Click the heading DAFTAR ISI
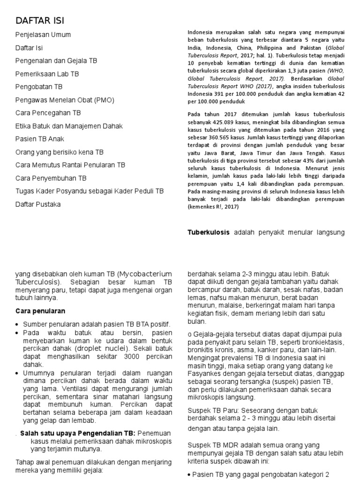click(x=40, y=21)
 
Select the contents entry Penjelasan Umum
click(x=43, y=35)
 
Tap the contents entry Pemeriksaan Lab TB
click(x=47, y=74)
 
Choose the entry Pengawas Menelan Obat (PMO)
click(x=65, y=100)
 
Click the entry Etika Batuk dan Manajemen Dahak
click(x=69, y=126)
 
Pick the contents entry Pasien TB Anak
click(x=40, y=139)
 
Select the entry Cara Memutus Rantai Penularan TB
click(x=70, y=165)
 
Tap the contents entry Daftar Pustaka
click(x=38, y=204)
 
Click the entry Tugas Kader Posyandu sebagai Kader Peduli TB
click(x=90, y=191)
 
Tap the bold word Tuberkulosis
click(x=209, y=232)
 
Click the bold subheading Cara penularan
click(x=40, y=311)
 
